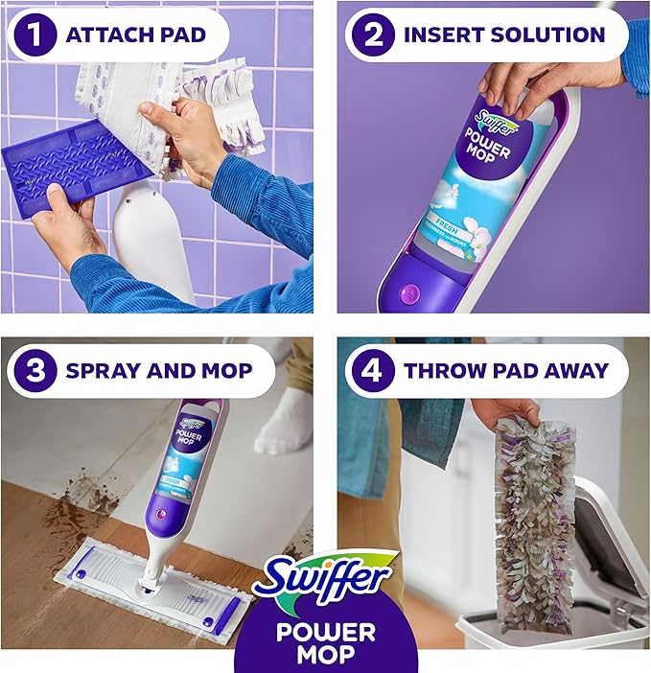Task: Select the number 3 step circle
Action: tap(35, 370)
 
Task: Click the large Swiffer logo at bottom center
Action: tap(324, 579)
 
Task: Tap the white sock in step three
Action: tap(284, 424)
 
